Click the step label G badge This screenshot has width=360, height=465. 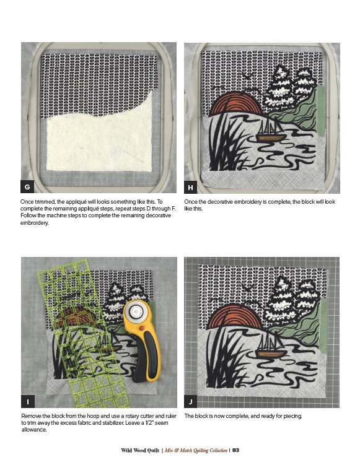(27, 187)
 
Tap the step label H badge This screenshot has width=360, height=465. (191, 187)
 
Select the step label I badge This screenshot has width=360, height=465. (28, 402)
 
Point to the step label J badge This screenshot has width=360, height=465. (191, 402)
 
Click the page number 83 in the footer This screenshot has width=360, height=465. (235, 450)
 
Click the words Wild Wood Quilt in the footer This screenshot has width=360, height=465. (140, 450)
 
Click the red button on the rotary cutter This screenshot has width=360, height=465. (141, 328)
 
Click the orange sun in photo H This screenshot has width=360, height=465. (236, 105)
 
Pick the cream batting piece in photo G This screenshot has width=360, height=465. (99, 136)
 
